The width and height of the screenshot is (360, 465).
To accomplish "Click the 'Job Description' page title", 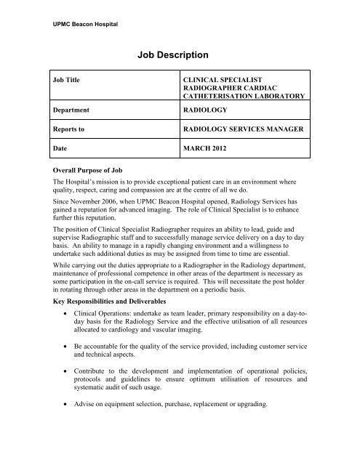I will point(180,54).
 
